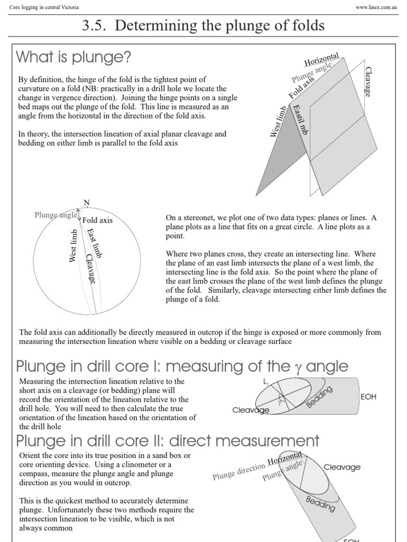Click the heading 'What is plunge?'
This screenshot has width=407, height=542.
74,57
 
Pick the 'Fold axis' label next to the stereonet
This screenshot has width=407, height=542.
98,220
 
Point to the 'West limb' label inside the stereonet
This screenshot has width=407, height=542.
74,246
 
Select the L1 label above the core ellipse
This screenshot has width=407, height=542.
266,381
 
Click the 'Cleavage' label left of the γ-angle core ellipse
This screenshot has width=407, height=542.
251,410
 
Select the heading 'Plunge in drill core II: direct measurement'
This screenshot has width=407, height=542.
168,440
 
